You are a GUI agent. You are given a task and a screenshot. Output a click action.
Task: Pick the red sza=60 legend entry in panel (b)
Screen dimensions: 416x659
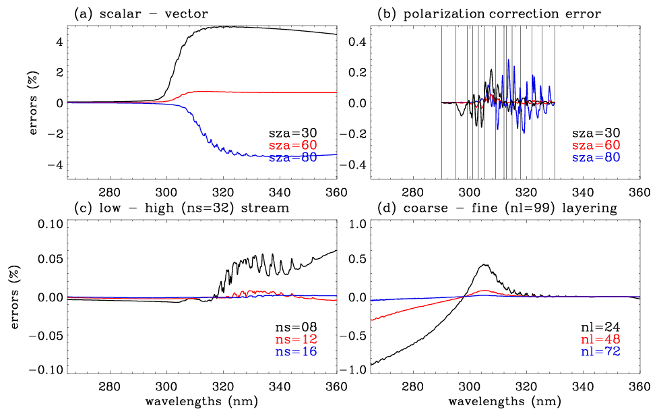pos(596,146)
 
